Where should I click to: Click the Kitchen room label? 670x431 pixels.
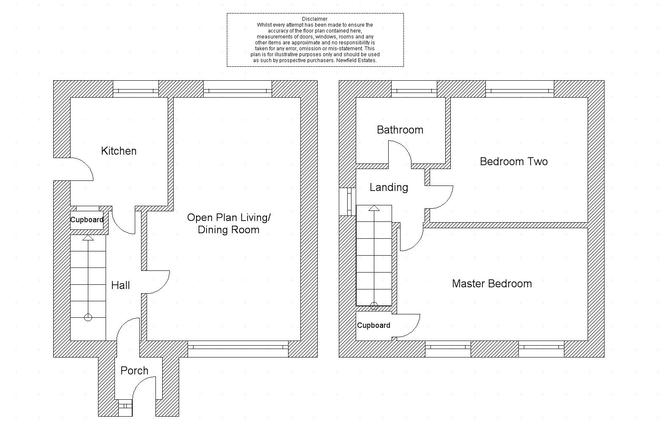pos(119,151)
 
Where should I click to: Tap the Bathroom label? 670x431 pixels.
pos(400,130)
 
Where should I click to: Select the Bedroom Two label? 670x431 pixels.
pos(514,161)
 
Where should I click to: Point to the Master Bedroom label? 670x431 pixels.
pos(492,284)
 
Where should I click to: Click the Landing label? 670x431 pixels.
pos(389,187)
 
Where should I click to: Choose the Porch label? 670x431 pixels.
pos(134,371)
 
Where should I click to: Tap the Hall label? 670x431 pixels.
pos(120,285)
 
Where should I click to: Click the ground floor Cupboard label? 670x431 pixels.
pos(87,220)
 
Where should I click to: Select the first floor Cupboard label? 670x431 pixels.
pos(373,325)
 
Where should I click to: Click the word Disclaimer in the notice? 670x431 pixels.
pos(315,19)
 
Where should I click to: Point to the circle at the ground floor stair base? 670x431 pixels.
pos(88,317)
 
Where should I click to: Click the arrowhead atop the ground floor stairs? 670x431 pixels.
pos(88,238)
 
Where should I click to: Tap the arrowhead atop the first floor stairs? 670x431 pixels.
pos(374,208)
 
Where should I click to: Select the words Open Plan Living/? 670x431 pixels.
pos(229,218)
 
